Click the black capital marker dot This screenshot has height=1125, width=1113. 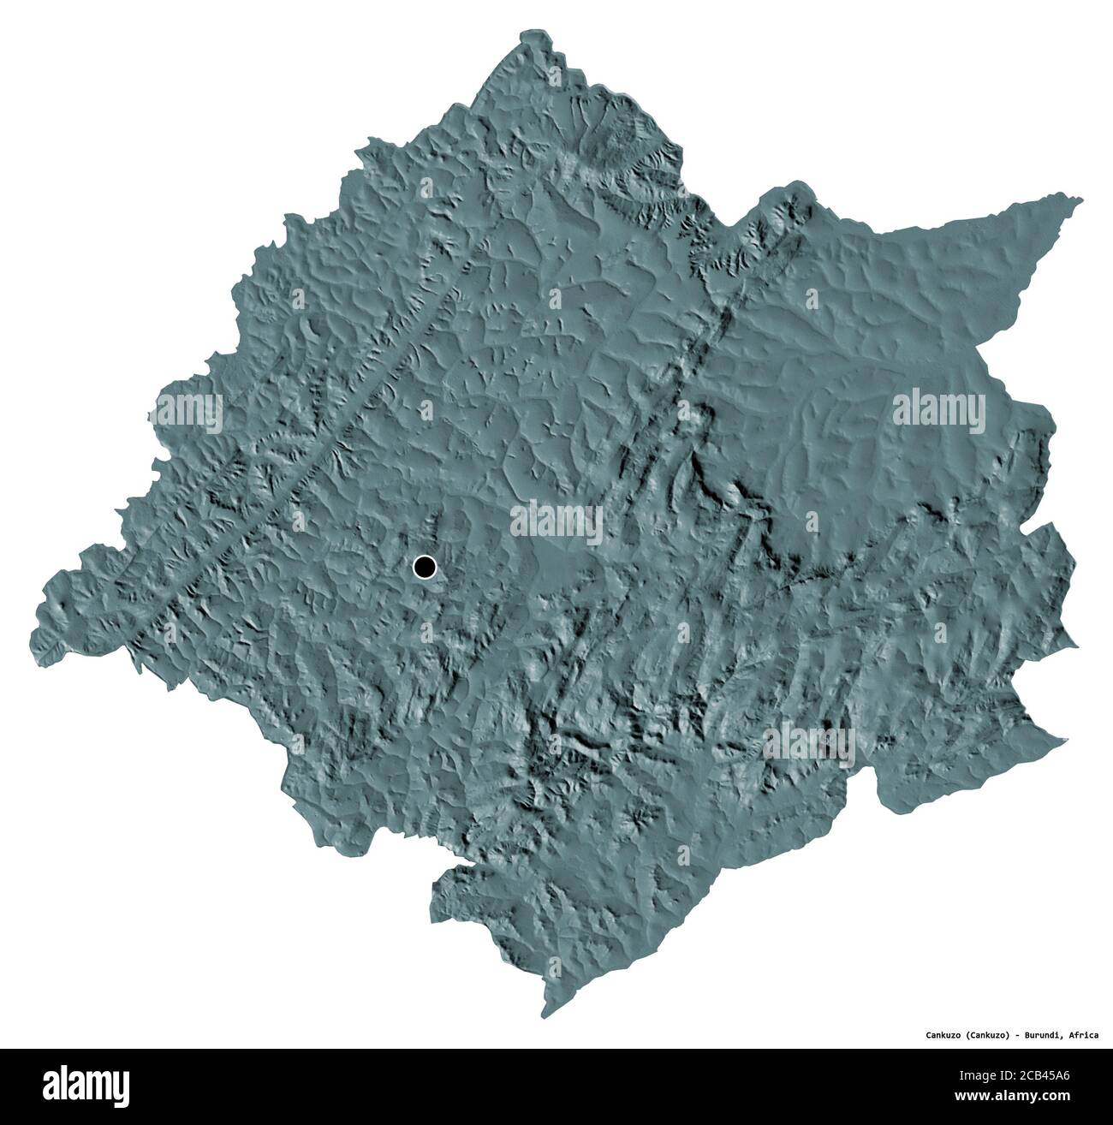point(424,566)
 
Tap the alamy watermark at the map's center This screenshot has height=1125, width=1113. point(556,522)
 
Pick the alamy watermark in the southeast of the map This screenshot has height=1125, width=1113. point(808,746)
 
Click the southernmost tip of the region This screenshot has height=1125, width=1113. point(545,1015)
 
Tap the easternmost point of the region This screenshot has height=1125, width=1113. point(1077,642)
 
